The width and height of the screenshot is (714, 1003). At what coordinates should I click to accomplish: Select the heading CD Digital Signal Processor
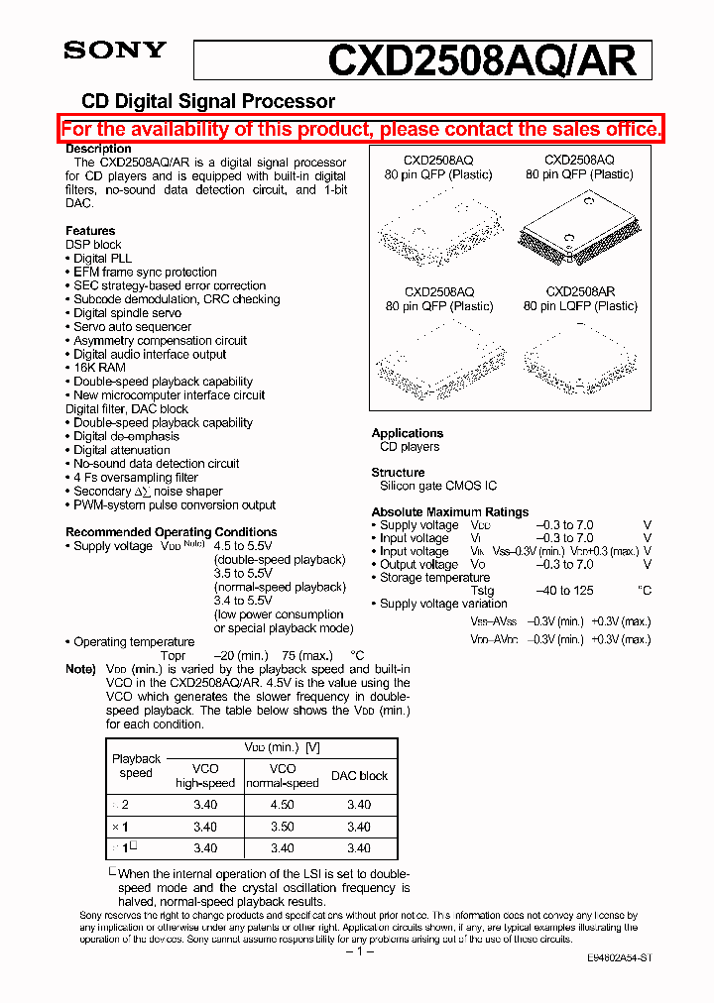click(207, 101)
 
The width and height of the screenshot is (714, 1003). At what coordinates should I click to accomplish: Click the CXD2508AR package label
click(579, 292)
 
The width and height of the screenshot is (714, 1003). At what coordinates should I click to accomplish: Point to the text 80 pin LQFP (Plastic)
click(580, 306)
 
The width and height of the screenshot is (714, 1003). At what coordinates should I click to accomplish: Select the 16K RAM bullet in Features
click(99, 368)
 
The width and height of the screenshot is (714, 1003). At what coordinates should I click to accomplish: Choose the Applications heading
click(407, 433)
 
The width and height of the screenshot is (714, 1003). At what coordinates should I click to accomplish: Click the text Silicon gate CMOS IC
click(438, 486)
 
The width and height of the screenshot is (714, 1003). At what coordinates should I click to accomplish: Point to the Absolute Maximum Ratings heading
click(450, 512)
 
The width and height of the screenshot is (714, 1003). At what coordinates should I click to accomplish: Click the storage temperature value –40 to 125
click(564, 591)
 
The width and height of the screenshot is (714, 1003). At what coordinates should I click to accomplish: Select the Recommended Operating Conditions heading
click(172, 532)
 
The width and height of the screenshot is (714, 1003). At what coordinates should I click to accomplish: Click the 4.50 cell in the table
click(283, 805)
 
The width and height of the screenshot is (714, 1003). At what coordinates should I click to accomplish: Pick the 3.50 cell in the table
click(283, 827)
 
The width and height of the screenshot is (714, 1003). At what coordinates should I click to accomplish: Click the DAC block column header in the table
click(359, 776)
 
